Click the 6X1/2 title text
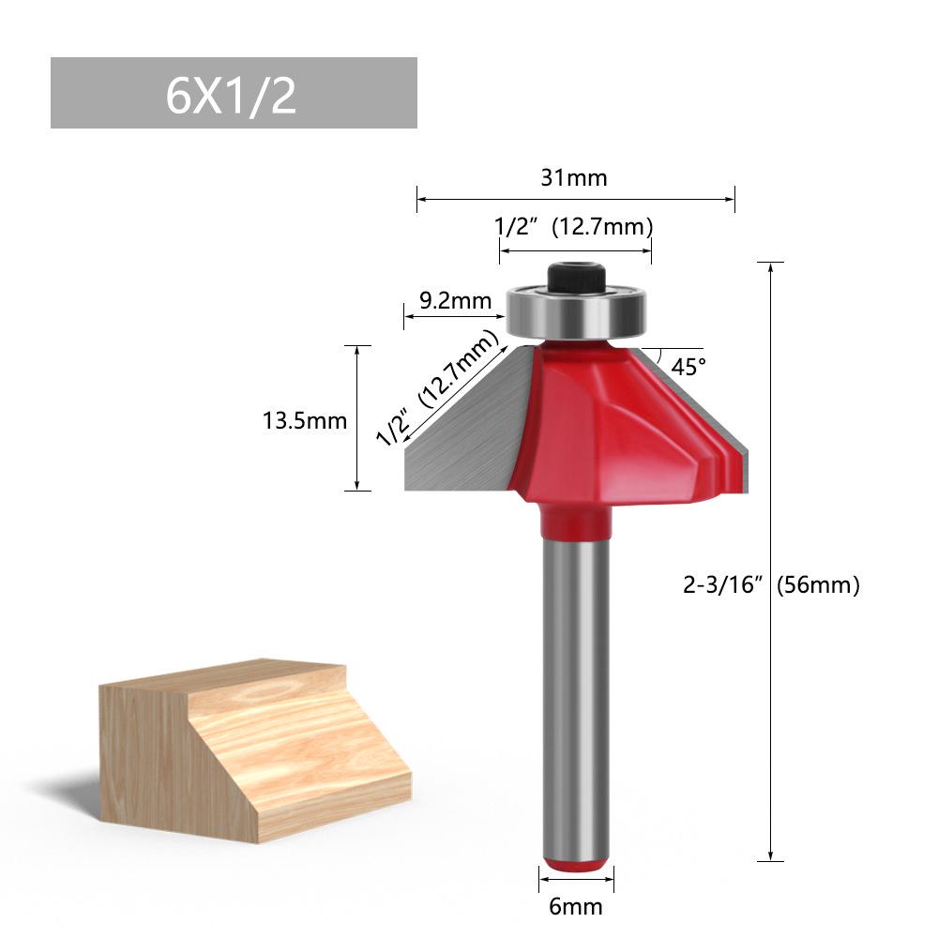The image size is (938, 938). coord(232,95)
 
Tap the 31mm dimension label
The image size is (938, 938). coord(575,177)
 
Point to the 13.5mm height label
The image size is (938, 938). coord(305,421)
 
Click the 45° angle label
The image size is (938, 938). coord(688,367)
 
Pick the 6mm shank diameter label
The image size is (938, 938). coord(576,907)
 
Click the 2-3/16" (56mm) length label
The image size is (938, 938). coord(771,585)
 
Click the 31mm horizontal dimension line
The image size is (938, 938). coord(488,199)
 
